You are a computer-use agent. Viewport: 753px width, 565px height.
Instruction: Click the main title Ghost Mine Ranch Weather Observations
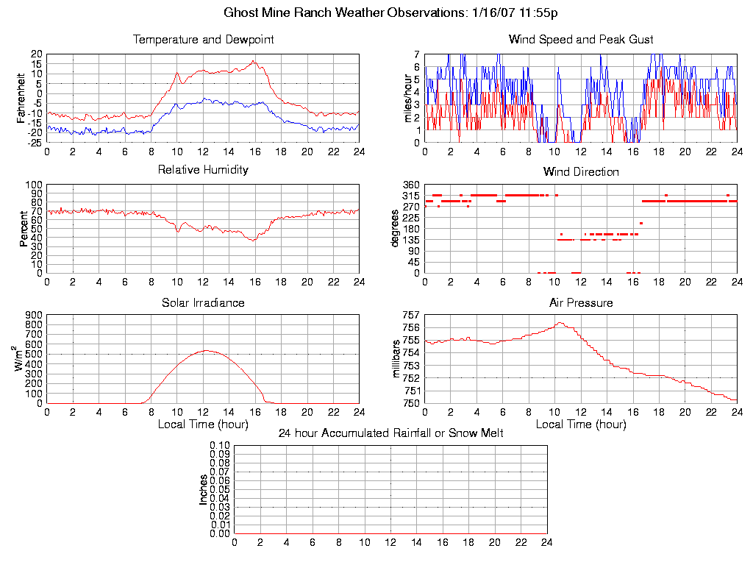[x=390, y=13]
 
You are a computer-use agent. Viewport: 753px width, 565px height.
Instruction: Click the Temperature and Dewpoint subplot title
[x=203, y=39]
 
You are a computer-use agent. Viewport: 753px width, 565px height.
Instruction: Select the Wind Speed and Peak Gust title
[x=580, y=39]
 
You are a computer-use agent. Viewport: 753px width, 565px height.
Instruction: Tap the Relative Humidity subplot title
[x=203, y=170]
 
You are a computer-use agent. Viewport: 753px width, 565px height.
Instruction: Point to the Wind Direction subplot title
[x=580, y=171]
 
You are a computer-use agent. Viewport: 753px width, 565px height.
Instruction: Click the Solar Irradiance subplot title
[x=203, y=302]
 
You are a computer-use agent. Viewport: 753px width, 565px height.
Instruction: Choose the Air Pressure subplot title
[x=580, y=302]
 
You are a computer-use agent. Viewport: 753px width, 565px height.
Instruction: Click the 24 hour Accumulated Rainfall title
[x=390, y=433]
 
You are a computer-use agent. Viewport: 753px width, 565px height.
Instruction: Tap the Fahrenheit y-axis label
[x=22, y=98]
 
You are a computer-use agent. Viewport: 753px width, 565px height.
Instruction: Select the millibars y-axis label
[x=396, y=359]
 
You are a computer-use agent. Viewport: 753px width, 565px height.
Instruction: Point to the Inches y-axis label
[x=204, y=489]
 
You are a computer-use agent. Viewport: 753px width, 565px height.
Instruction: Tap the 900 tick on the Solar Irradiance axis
[x=34, y=315]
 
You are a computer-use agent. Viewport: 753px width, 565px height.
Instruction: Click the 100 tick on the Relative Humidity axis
[x=34, y=185]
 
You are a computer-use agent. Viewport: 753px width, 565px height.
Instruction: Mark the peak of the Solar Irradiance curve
[x=207, y=350]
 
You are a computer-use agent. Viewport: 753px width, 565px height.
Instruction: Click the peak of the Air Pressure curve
[x=560, y=322]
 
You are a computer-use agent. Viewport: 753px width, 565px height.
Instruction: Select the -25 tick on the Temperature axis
[x=34, y=142]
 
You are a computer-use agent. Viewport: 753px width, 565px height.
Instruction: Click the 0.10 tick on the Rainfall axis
[x=220, y=446]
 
